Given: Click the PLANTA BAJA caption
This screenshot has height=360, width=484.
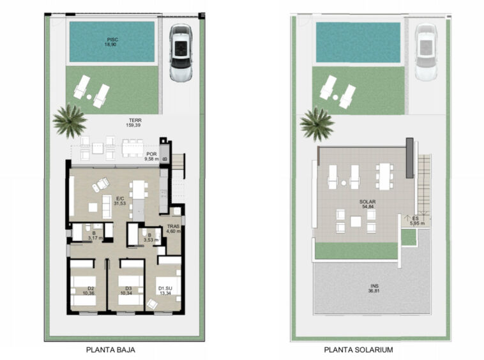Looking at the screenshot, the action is (x=110, y=350).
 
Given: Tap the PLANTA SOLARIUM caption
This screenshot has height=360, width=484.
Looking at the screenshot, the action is (x=358, y=350).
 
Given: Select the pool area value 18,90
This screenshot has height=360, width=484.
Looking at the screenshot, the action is (x=110, y=45).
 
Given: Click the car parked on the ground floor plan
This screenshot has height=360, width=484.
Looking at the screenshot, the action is (x=181, y=53).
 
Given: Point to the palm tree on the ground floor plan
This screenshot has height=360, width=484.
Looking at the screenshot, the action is (x=70, y=121).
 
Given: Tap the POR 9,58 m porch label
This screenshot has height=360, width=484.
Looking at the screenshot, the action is (x=151, y=156).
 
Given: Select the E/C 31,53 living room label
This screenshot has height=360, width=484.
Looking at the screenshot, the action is (x=120, y=201).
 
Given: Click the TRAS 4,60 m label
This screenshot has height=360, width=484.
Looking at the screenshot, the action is (x=174, y=229).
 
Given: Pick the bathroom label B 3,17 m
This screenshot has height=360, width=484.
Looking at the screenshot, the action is (x=93, y=236).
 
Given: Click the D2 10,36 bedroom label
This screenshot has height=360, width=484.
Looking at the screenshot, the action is (x=89, y=290).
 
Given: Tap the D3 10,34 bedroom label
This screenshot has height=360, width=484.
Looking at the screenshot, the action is (x=126, y=290).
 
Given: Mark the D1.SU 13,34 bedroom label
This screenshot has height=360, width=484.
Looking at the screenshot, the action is (x=165, y=290).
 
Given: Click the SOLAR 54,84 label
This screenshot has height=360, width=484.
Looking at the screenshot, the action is (x=367, y=204).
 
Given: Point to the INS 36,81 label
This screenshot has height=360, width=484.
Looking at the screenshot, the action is (x=374, y=289).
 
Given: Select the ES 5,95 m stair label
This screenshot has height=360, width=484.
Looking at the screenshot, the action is (x=417, y=221).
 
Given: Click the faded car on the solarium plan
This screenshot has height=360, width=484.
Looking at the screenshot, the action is (x=426, y=53).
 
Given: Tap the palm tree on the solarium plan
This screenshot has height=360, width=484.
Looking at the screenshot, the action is (x=317, y=124).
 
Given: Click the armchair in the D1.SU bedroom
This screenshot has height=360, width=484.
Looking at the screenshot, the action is (x=152, y=304).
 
